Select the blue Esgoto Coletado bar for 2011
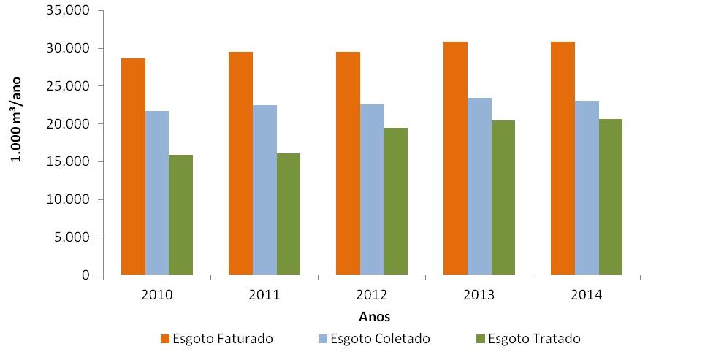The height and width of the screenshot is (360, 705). [264, 190]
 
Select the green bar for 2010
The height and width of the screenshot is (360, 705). [180, 215]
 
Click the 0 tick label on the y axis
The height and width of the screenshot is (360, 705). [85, 275]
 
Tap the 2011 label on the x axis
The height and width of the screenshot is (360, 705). [264, 295]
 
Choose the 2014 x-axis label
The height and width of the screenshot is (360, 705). [587, 295]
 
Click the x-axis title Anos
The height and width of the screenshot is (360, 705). [374, 317]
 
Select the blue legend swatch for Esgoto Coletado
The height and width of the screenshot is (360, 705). [323, 339]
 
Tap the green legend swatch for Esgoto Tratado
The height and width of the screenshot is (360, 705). [480, 339]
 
